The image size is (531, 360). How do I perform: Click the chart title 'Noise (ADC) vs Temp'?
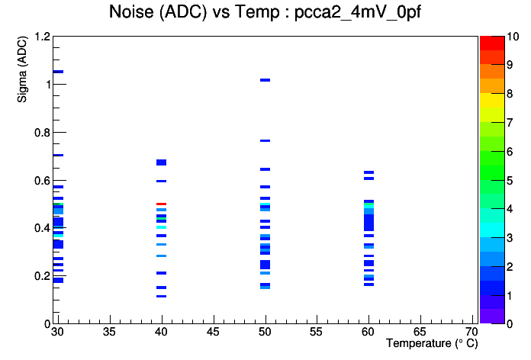(195, 12)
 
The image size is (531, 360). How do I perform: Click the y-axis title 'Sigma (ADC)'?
(22, 69)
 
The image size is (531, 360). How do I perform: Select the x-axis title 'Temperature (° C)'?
(432, 343)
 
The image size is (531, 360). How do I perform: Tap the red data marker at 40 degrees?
(161, 204)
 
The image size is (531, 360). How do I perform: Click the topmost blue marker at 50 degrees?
(265, 80)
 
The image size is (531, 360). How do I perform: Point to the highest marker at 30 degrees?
(58, 72)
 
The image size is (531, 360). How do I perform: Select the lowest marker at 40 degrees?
(161, 297)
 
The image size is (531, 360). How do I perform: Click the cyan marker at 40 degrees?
(161, 227)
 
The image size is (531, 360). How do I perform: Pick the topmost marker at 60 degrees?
(368, 172)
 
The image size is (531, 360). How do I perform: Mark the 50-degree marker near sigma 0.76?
(265, 140)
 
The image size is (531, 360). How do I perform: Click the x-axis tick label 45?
(213, 332)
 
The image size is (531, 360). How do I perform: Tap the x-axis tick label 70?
(471, 332)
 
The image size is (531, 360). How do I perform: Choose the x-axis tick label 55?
(317, 332)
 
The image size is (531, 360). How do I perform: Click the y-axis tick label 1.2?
(42, 37)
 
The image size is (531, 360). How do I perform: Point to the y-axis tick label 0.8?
(42, 133)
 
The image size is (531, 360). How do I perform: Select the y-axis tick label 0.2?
(42, 276)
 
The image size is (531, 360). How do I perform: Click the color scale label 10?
(513, 37)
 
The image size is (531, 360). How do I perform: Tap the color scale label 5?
(510, 181)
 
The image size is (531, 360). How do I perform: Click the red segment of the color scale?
(492, 43)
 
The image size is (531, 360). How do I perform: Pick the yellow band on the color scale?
(492, 100)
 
